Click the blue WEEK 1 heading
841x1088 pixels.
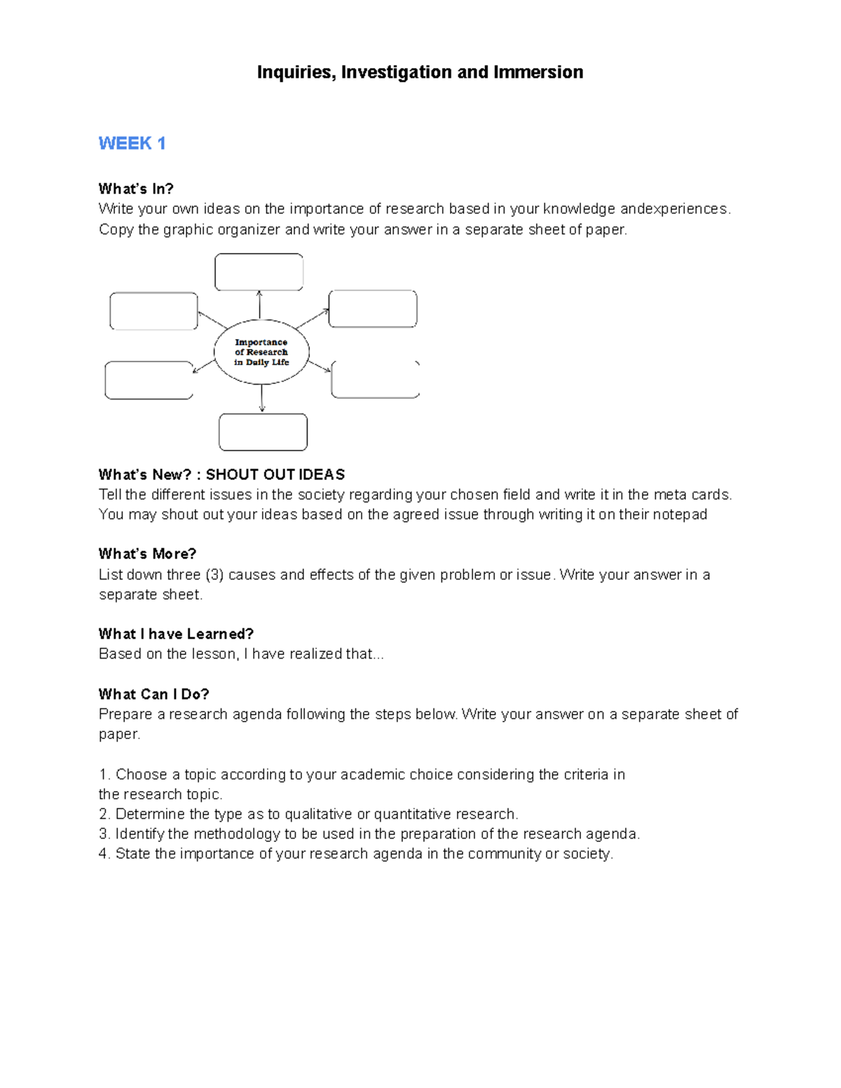coord(132,144)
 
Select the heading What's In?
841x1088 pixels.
coord(136,188)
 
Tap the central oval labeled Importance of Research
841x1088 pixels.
coord(261,352)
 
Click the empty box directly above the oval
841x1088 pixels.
coord(259,272)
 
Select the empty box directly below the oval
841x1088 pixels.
coord(263,432)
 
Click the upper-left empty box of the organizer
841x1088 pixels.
coord(153,311)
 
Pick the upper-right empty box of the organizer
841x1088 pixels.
coord(373,309)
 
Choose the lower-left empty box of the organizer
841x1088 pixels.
coord(149,380)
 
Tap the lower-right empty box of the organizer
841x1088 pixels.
coord(375,380)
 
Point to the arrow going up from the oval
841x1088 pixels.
coord(259,305)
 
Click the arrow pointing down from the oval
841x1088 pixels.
coord(262,399)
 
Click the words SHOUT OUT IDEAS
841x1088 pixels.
coord(275,474)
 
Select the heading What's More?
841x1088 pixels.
coord(147,553)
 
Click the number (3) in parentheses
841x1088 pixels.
coord(214,574)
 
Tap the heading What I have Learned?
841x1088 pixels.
coord(176,634)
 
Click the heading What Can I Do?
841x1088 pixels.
coord(153,694)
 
